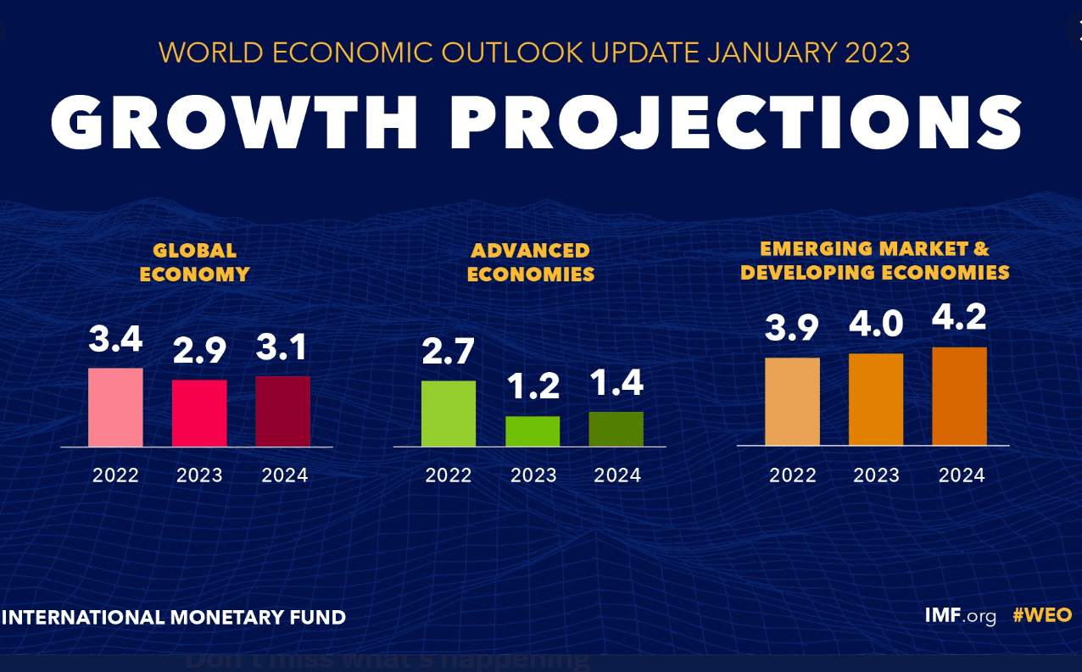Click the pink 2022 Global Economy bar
(115, 407)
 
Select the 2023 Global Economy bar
(199, 413)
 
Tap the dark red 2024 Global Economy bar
(282, 411)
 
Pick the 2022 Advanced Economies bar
(449, 414)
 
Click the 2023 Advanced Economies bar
(533, 431)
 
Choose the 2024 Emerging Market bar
(959, 396)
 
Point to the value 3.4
(115, 341)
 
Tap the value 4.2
(959, 319)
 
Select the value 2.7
(449, 351)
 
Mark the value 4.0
(876, 325)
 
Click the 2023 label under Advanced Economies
(533, 475)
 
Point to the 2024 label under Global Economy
(284, 475)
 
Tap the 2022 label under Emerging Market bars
(792, 475)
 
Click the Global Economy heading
(194, 263)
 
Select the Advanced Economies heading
(530, 263)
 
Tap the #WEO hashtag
(1042, 615)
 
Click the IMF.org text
(960, 615)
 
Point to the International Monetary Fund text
(174, 617)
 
